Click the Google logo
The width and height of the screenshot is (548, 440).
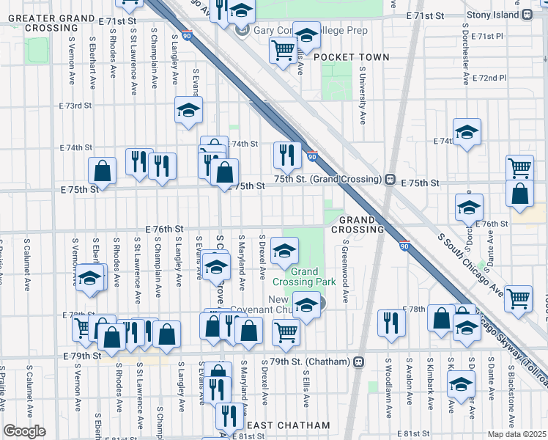point(25,431)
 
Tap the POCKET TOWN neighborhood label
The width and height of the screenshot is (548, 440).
point(351,57)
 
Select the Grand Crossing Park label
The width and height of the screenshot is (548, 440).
point(305,281)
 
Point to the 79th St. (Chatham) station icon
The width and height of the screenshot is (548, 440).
point(358,362)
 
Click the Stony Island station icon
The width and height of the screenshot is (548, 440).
point(527,14)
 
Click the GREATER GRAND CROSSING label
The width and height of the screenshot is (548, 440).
point(47,22)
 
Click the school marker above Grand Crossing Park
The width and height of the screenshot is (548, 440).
point(284,251)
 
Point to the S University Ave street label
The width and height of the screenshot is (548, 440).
point(362,96)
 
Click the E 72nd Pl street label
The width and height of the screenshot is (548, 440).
point(489,78)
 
